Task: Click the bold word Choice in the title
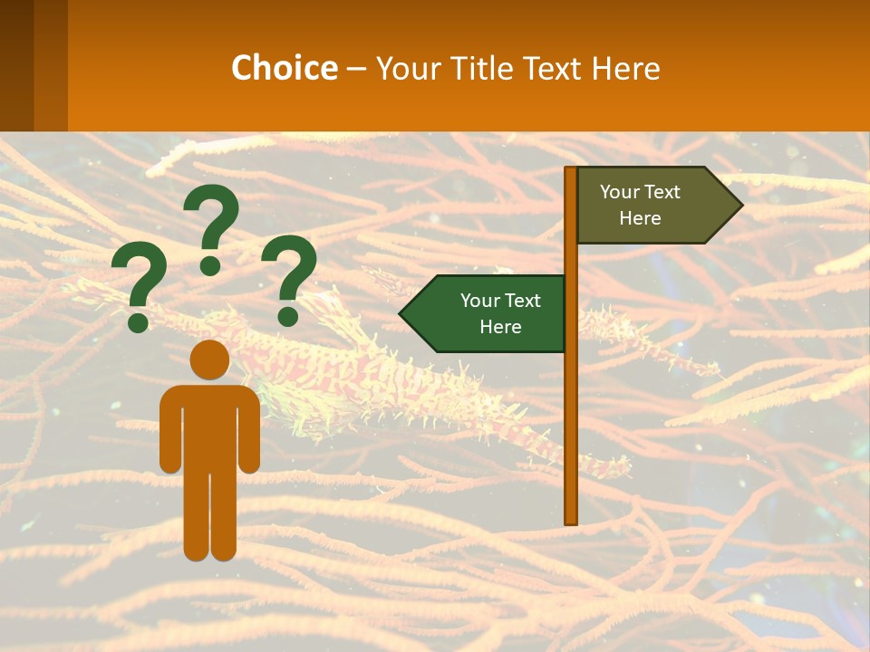[x=284, y=68]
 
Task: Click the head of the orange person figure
[x=209, y=360]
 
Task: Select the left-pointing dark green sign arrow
[x=489, y=313]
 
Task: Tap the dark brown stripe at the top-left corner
[x=16, y=65]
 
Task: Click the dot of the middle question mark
[x=210, y=264]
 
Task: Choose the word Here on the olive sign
[x=640, y=218]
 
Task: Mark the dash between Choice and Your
[x=356, y=68]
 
